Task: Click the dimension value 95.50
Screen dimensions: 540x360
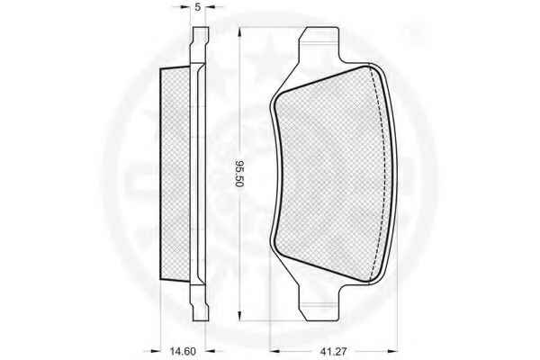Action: (x=239, y=174)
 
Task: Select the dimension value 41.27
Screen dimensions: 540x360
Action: (x=333, y=352)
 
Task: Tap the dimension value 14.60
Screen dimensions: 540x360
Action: (x=183, y=352)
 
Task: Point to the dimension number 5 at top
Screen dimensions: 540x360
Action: (x=198, y=7)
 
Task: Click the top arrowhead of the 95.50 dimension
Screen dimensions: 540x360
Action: (x=239, y=32)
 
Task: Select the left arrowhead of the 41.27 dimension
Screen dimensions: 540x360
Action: (x=274, y=352)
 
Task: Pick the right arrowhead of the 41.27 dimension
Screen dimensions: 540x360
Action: (x=392, y=352)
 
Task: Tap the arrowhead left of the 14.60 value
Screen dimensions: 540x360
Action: (x=156, y=352)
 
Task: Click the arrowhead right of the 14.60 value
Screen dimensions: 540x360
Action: (x=211, y=352)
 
